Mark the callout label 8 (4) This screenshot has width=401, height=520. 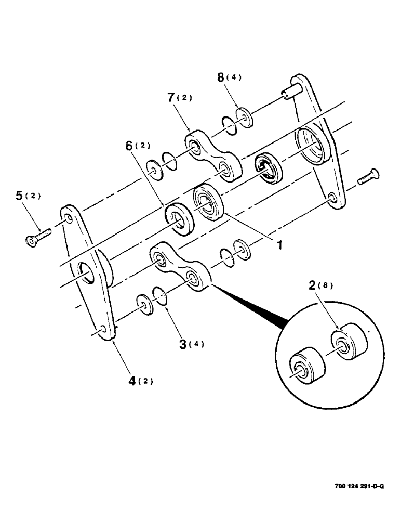point(229,77)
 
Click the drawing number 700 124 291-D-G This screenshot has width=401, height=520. point(359,486)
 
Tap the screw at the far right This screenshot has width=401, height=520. point(368,177)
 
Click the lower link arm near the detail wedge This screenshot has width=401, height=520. point(180,267)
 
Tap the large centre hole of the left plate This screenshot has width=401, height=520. point(87,272)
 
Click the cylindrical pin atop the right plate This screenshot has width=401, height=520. point(290,94)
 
